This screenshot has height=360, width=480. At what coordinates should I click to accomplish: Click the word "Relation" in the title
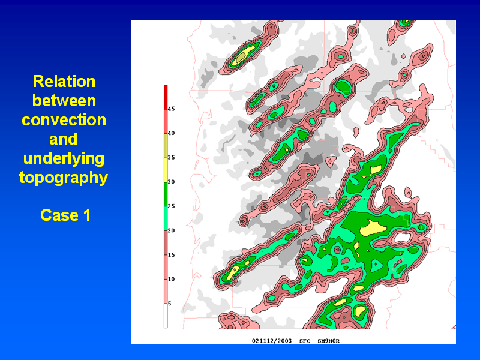[x=64, y=82]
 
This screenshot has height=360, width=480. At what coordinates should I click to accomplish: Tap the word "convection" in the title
[x=64, y=119]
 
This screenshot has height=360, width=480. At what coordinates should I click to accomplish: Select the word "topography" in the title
[x=64, y=178]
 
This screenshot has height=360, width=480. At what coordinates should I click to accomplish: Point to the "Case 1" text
[x=65, y=215]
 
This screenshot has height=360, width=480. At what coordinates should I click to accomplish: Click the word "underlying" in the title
[x=64, y=158]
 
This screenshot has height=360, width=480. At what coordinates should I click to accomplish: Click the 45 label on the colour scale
[x=171, y=109]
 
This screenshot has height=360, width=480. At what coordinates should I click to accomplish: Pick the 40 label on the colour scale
[x=171, y=133]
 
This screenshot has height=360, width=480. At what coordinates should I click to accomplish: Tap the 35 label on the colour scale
[x=171, y=157]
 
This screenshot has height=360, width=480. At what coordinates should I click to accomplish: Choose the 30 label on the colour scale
[x=171, y=182]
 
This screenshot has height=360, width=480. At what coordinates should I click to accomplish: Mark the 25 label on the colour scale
[x=171, y=206]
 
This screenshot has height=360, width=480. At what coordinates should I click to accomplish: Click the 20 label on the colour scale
[x=171, y=230]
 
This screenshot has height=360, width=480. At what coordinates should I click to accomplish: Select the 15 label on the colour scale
[x=171, y=254]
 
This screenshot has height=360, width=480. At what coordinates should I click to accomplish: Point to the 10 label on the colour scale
[x=171, y=279]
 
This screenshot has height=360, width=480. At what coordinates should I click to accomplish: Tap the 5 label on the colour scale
[x=170, y=304]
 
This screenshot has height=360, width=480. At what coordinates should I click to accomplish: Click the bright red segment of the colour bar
[x=166, y=97]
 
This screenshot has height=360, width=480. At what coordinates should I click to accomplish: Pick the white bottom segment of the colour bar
[x=166, y=316]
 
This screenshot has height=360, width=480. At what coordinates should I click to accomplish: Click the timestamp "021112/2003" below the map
[x=272, y=341]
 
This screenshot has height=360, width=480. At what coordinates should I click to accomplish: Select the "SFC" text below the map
[x=305, y=341]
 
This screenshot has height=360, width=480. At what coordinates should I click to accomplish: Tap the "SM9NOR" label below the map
[x=328, y=341]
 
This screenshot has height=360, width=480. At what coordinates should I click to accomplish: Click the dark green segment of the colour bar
[x=166, y=194]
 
